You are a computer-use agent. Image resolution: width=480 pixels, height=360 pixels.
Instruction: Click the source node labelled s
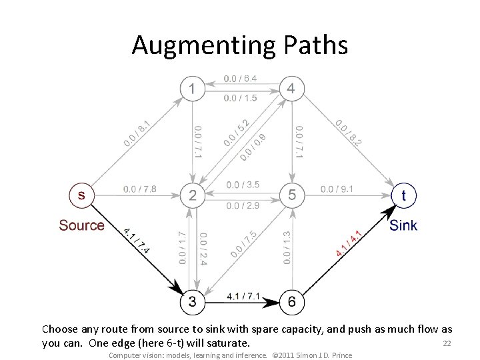81,195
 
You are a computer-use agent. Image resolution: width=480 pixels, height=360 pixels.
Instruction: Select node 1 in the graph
193,88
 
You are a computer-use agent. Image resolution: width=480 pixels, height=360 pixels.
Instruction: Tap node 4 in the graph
291,88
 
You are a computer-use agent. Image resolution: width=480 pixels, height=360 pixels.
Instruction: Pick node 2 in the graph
193,195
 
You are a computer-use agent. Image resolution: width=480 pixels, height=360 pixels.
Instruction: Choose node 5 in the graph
291,195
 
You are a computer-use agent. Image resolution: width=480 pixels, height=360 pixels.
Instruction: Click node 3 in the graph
193,302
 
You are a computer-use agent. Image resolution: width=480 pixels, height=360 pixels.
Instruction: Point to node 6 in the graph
291,302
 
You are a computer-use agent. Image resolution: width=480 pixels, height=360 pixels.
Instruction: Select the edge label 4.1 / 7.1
243,295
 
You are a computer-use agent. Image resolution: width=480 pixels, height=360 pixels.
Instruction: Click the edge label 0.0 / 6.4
241,79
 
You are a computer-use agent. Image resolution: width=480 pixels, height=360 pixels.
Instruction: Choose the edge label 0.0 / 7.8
140,189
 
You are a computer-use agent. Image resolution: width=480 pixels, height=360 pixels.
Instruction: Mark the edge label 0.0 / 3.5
243,185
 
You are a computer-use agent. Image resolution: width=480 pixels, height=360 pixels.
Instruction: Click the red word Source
81,225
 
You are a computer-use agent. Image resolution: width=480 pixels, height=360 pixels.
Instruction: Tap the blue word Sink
403,225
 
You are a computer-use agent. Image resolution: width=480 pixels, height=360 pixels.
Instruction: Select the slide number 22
447,343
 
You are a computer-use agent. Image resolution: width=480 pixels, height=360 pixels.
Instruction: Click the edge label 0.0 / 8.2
349,133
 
